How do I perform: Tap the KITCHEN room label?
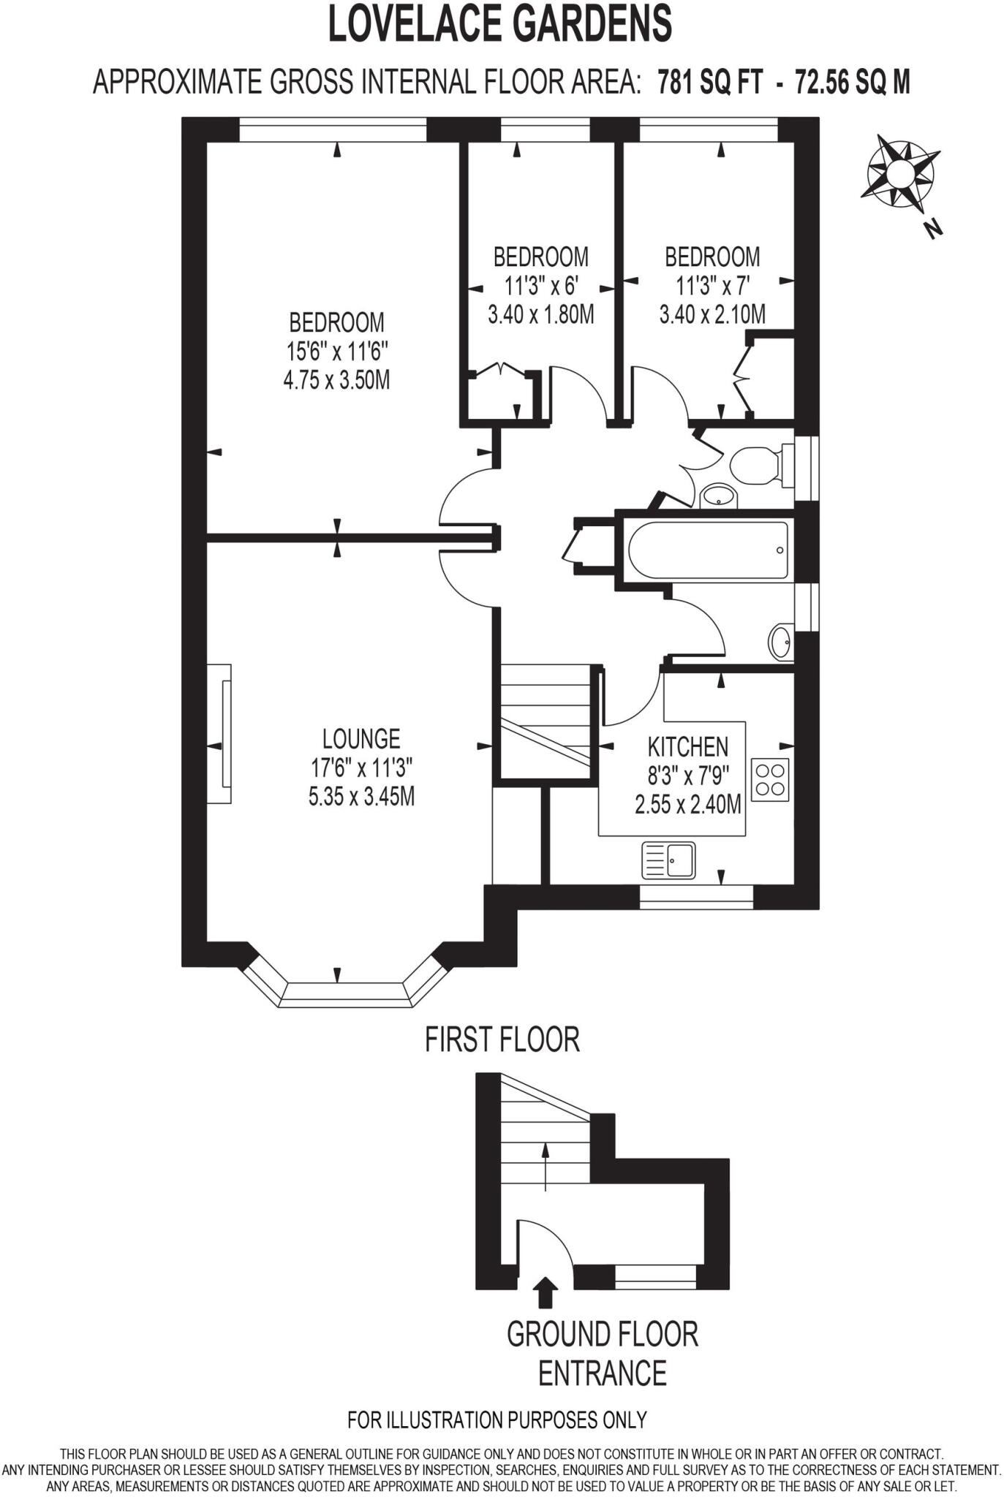point(687,746)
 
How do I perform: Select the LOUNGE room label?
point(361,738)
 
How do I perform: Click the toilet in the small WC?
point(758,465)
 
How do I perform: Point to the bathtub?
point(709,550)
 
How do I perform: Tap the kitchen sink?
point(668,860)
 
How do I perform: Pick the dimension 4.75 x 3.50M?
point(336,380)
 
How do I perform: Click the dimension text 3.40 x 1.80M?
point(540,314)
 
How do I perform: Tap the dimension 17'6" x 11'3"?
point(361,768)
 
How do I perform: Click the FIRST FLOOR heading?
point(502,1039)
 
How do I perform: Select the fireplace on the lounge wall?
point(220,733)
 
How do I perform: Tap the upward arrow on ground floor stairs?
point(545,1167)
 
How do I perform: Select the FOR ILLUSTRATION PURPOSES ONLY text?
point(497,1420)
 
